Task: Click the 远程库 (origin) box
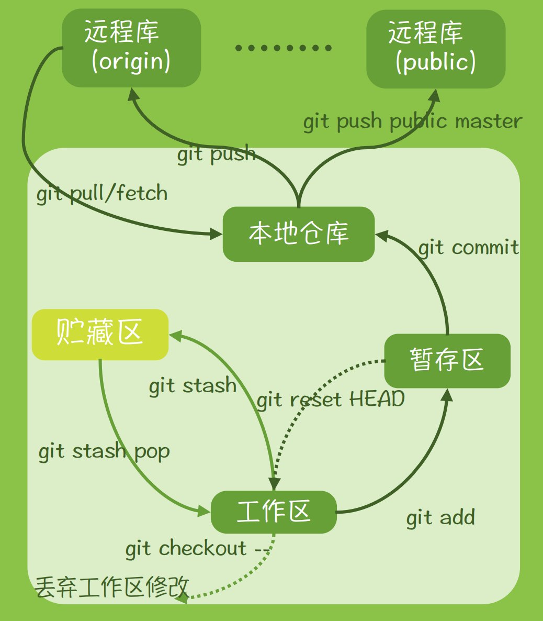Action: point(131,48)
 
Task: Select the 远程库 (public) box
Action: point(436,49)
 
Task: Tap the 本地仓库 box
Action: point(299,234)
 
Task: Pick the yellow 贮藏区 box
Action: point(100,334)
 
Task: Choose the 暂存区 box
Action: point(447,361)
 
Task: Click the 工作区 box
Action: point(274,512)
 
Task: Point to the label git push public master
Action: point(413,121)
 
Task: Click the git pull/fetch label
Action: point(102,194)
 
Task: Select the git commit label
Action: point(469,247)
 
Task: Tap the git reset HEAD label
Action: point(331,400)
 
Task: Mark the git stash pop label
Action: point(104,451)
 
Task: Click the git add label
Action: point(440,518)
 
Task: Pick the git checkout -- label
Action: point(197,548)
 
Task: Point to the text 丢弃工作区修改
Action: point(111,587)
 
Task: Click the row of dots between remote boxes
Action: point(284,48)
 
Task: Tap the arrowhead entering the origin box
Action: point(133,95)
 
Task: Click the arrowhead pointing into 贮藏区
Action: point(175,335)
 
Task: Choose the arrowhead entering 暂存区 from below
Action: point(447,394)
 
